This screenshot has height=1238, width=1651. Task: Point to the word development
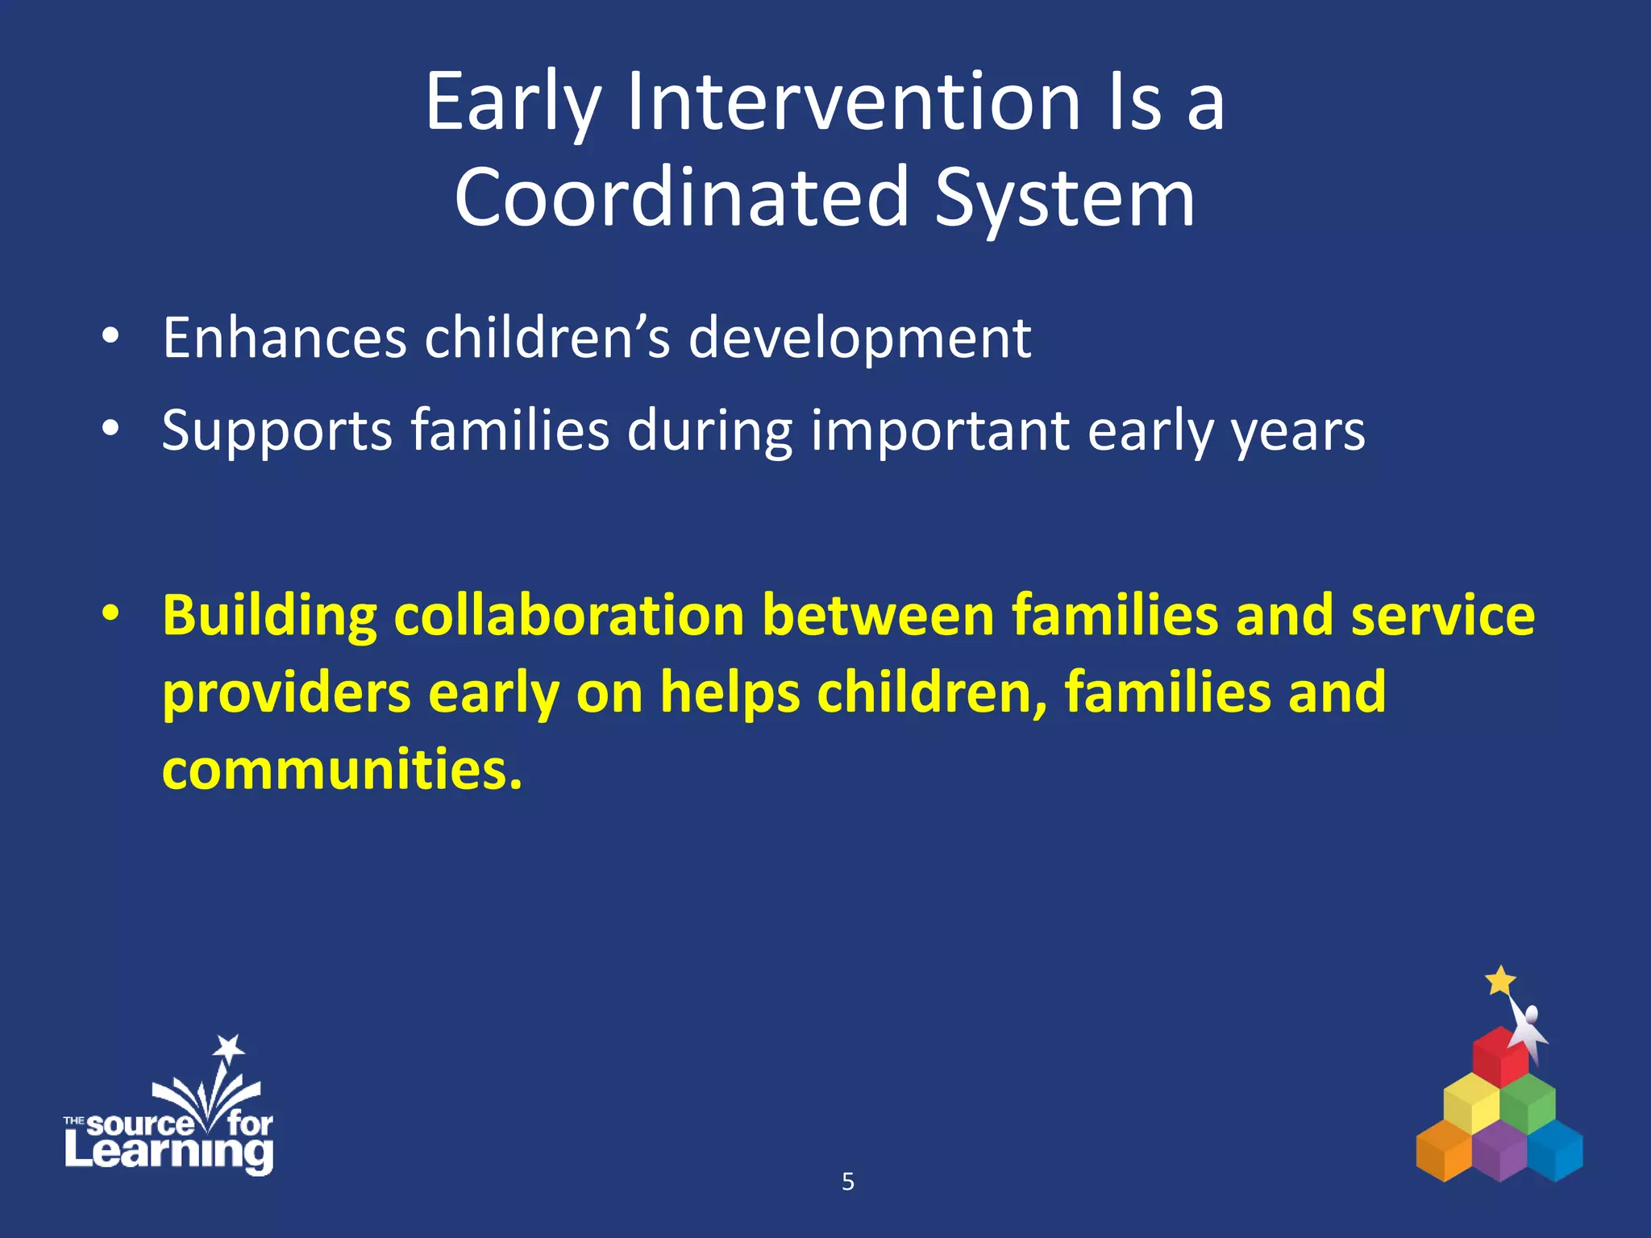pyautogui.click(x=859, y=339)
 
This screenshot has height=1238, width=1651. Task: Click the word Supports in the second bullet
pyautogui.click(x=277, y=431)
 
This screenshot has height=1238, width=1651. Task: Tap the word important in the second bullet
pyautogui.click(x=939, y=431)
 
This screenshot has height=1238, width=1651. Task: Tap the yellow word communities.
pyautogui.click(x=342, y=769)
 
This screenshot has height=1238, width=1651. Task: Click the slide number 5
pyautogui.click(x=847, y=1182)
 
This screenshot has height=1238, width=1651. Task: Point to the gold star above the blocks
pyautogui.click(x=1500, y=981)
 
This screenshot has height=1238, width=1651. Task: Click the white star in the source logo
pyautogui.click(x=229, y=1048)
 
